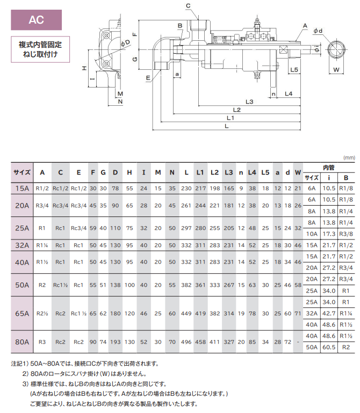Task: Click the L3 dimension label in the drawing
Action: [249, 101]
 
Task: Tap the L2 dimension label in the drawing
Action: [237, 110]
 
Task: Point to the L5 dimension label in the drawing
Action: [293, 70]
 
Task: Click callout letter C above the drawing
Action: [188, 6]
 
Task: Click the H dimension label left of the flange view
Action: [84, 68]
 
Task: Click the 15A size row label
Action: [22, 188]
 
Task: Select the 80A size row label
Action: [22, 341]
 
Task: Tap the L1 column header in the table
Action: [200, 172]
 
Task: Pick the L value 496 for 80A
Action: [186, 341]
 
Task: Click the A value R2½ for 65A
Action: [42, 312]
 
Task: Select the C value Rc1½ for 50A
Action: [61, 285]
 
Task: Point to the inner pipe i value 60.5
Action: [329, 347]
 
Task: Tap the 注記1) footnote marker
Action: [20, 363]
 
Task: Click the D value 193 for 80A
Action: [116, 341]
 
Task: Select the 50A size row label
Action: [22, 285]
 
